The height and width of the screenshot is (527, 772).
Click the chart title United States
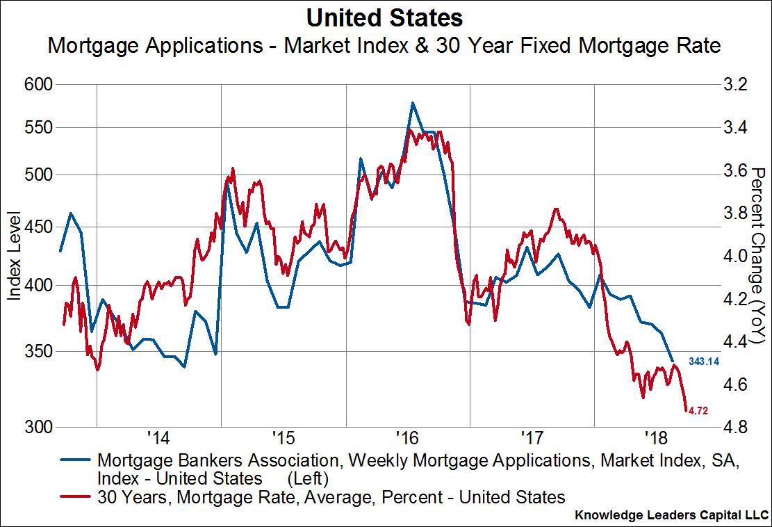click(386, 17)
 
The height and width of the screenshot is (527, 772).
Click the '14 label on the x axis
click(158, 439)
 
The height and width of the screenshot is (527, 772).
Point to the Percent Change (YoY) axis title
click(758, 257)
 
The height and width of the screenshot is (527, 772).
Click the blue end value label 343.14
click(703, 362)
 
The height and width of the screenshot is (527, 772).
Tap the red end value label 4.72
click(698, 411)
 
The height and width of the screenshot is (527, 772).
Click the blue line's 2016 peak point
click(413, 103)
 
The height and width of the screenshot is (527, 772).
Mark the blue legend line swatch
click(76, 460)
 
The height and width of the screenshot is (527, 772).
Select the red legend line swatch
click(76, 496)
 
